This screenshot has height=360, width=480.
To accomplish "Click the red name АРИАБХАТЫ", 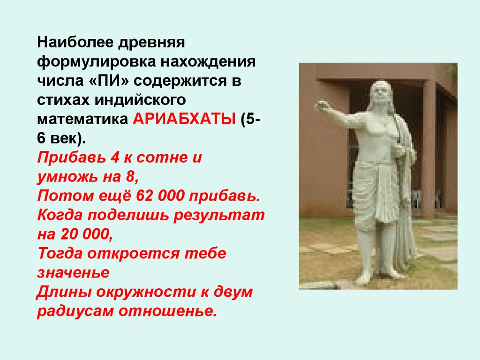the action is pos(184,119).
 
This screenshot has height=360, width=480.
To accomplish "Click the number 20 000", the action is pos(86,234).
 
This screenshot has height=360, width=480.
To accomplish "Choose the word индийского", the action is pos(140,100).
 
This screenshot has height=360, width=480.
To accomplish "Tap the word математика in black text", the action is pos(82,120).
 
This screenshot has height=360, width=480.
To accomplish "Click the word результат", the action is pos(219,216).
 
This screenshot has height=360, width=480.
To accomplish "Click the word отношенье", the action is pos(168,312).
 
